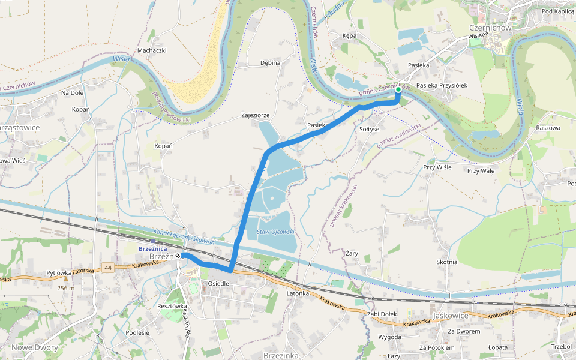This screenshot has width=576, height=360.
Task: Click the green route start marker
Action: [398, 90]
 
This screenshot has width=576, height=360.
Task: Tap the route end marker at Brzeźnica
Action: [178, 256]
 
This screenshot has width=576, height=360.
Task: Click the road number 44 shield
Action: [107, 268]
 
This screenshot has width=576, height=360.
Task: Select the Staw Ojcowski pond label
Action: [275, 231]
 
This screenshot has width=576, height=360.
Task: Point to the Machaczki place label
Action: [152, 50]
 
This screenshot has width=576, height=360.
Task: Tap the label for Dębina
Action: [270, 62]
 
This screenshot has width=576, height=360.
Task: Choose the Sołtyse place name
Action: [369, 129]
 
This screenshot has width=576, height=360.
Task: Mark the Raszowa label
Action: [548, 128]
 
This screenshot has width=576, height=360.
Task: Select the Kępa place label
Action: [349, 36]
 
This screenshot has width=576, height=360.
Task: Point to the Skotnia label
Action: [447, 262]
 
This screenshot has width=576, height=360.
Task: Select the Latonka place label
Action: [298, 293]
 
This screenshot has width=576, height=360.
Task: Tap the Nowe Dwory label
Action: [34, 347]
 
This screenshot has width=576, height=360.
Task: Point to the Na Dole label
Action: [72, 93]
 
